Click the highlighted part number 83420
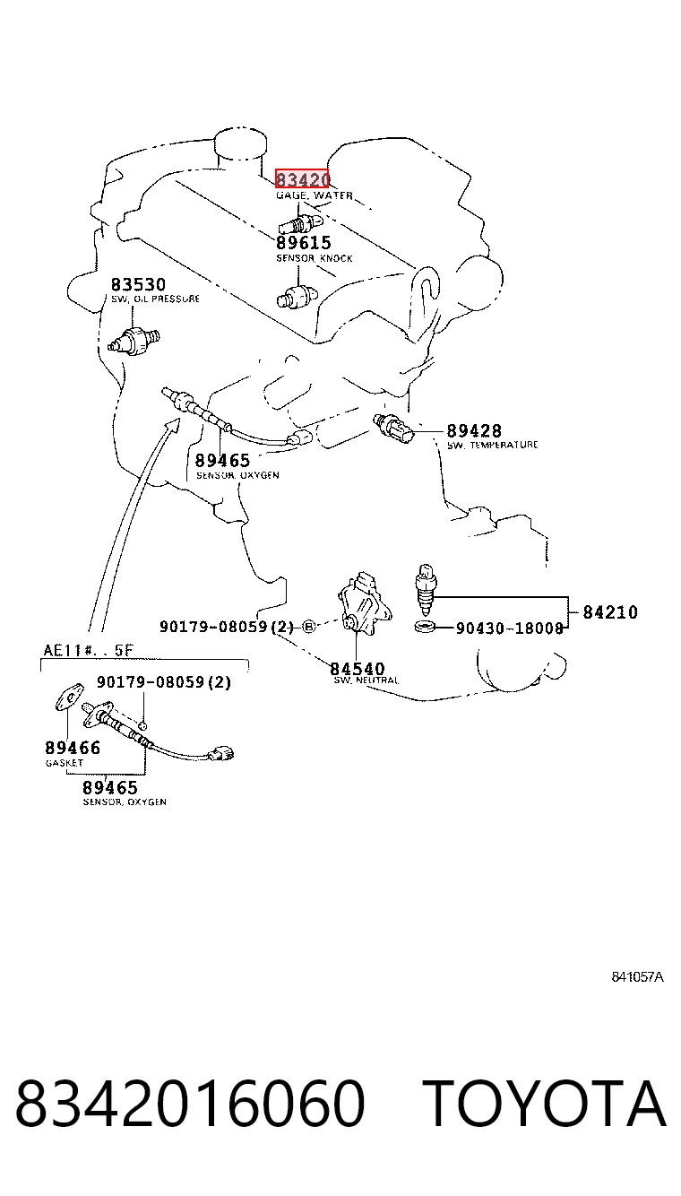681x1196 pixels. click(303, 178)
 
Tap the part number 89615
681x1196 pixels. click(304, 243)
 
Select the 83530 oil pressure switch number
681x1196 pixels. click(138, 284)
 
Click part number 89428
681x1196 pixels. click(474, 430)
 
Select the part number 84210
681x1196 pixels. click(610, 611)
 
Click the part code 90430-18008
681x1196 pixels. click(510, 628)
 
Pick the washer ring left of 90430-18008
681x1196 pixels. click(425, 626)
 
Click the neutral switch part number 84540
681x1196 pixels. click(357, 669)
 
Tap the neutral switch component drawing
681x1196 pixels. click(365, 603)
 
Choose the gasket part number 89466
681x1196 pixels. click(73, 748)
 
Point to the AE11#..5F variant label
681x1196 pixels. click(89, 650)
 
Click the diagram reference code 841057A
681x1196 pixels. click(637, 977)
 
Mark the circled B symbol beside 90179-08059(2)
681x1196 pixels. click(309, 627)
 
